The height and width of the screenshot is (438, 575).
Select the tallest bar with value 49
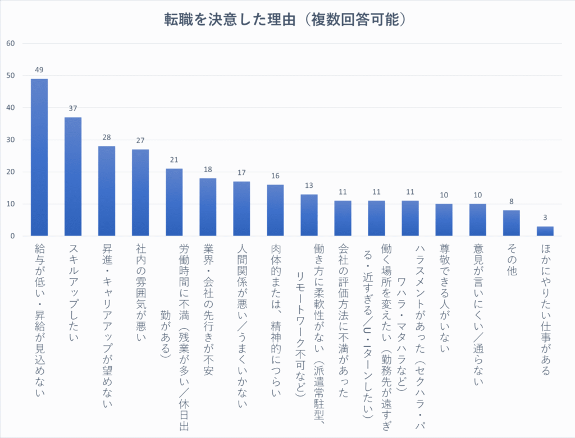[x=39, y=157]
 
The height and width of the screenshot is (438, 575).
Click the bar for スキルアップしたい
[x=73, y=177]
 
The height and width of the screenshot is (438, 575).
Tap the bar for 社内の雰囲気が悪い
[x=140, y=192]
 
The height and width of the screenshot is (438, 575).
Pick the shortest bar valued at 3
[x=545, y=231]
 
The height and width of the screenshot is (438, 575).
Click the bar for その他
[x=511, y=223]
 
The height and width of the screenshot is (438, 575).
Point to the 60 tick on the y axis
[x=11, y=44]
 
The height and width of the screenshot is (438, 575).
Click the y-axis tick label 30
[x=11, y=140]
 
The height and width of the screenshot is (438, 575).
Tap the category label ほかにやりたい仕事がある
[x=545, y=309]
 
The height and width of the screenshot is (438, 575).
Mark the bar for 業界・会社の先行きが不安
[x=208, y=207]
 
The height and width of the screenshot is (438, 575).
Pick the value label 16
[x=275, y=176]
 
